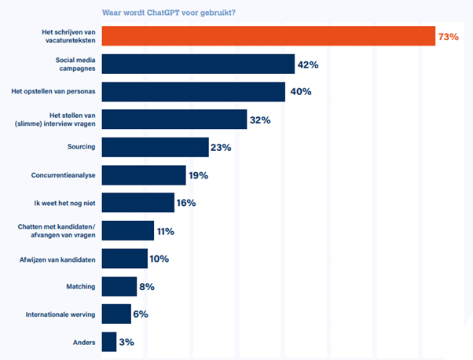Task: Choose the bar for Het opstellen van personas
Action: tap(193, 92)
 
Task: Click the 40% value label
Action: tap(300, 92)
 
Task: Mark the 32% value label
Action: tap(260, 119)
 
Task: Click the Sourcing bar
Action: tap(156, 147)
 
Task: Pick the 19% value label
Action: tap(198, 175)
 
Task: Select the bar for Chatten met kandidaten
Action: tap(128, 230)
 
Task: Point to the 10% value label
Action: tap(159, 259)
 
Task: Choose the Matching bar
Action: tap(119, 286)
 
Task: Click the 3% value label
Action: tap(125, 342)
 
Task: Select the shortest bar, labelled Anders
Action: tap(108, 342)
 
